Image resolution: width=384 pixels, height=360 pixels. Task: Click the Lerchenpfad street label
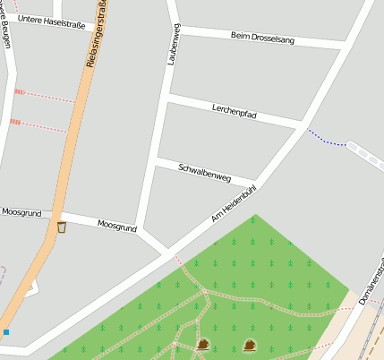(235, 111)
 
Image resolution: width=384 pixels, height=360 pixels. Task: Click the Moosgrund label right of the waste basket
(116, 227)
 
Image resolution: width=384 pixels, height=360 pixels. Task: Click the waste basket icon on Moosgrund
(61, 227)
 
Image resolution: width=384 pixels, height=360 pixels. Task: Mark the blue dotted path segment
(326, 138)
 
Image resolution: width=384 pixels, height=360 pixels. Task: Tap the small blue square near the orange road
(5, 332)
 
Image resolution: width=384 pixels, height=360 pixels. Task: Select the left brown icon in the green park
(203, 344)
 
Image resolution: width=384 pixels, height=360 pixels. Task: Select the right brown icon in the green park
(250, 344)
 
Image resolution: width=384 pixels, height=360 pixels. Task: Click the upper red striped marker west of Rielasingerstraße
(19, 91)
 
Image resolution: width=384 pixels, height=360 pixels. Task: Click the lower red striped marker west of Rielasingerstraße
(14, 121)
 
